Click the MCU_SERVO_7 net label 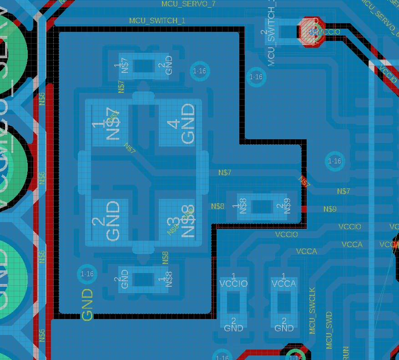[188, 4]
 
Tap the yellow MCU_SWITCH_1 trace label [157, 21]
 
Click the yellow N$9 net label [330, 209]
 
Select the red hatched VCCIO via [312, 31]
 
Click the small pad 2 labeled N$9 [284, 207]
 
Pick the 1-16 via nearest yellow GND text [86, 274]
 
